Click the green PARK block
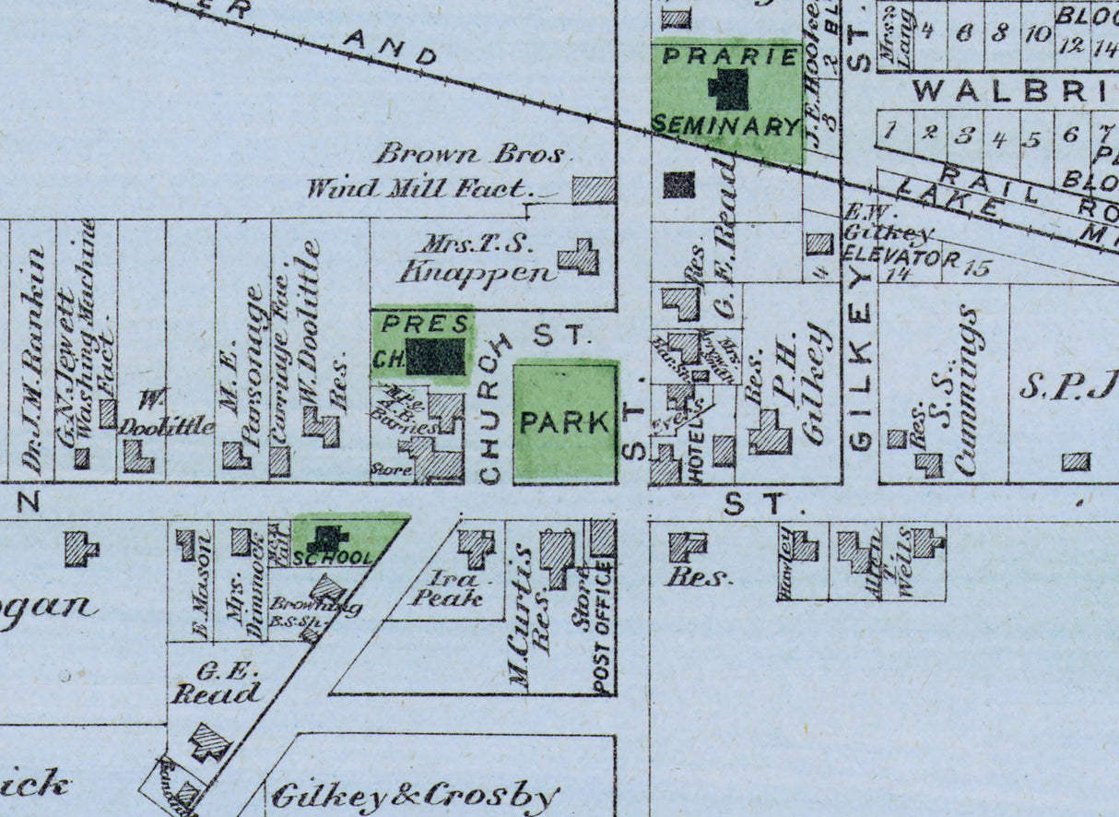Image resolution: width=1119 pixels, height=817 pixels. pyautogui.click(x=565, y=421)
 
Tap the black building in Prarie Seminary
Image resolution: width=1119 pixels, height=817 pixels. pyautogui.click(x=729, y=90)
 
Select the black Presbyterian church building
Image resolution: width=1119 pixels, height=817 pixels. pyautogui.click(x=436, y=356)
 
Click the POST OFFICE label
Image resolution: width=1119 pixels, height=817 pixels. pyautogui.click(x=605, y=627)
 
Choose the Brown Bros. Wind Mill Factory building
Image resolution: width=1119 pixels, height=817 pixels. pyautogui.click(x=594, y=190)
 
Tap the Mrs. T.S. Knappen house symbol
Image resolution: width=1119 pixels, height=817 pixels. pyautogui.click(x=580, y=257)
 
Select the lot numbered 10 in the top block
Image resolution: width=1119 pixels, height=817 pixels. pyautogui.click(x=1038, y=35)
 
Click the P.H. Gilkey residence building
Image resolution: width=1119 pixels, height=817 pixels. pyautogui.click(x=770, y=432)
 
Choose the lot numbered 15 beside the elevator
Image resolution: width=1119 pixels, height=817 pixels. pyautogui.click(x=977, y=269)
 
